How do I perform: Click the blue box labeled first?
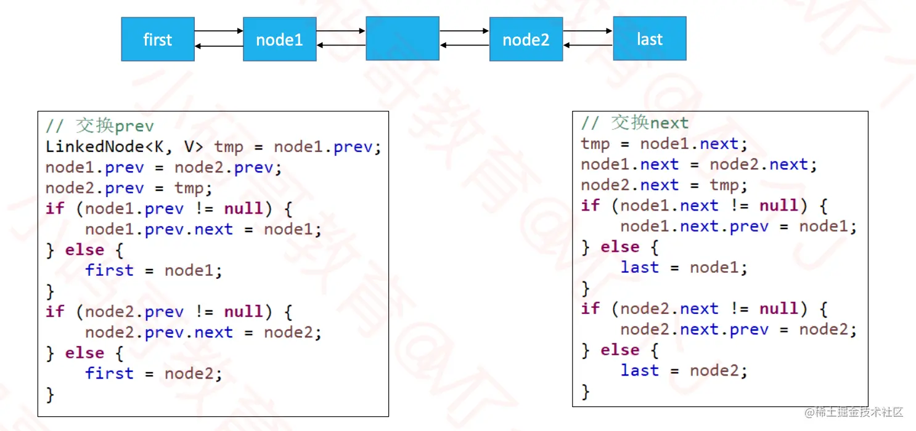click(158, 39)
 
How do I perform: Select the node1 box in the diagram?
click(280, 39)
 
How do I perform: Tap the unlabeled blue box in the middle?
click(403, 38)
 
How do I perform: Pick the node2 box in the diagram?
click(526, 39)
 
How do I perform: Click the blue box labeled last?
click(650, 38)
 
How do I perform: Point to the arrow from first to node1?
click(219, 30)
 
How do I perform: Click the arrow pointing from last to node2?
click(587, 45)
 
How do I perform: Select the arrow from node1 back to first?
click(219, 46)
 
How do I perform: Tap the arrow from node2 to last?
click(587, 30)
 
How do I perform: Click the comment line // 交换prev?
click(100, 126)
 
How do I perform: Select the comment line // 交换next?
click(634, 123)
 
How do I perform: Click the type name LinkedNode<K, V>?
click(126, 147)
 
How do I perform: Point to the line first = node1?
click(153, 270)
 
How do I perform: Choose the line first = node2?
click(153, 373)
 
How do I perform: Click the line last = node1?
click(684, 267)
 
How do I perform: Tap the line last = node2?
click(684, 370)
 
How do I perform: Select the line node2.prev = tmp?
click(129, 188)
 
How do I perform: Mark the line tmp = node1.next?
click(664, 144)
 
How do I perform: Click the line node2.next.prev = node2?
click(738, 329)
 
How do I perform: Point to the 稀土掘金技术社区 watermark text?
click(854, 412)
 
